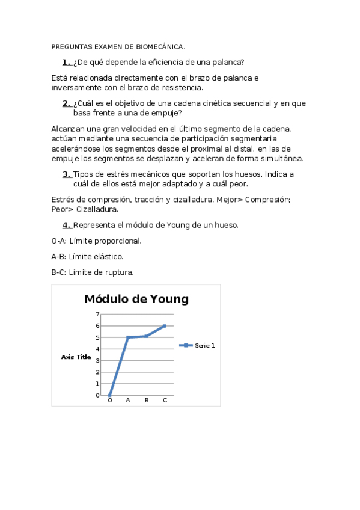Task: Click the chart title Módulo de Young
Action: point(136,299)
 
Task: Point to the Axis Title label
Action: point(76,357)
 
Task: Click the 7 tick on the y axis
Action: point(97,314)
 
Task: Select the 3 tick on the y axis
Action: point(97,360)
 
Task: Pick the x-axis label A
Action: point(128,400)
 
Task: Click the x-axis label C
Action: point(165,400)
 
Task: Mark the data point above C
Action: point(165,326)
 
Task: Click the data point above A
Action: point(128,337)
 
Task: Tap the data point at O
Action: point(110,395)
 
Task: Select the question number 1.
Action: point(66,62)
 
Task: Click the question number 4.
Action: point(66,226)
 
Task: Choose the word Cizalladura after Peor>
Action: point(97,210)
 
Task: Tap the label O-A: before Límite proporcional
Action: point(59,241)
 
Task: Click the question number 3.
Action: point(66,174)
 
